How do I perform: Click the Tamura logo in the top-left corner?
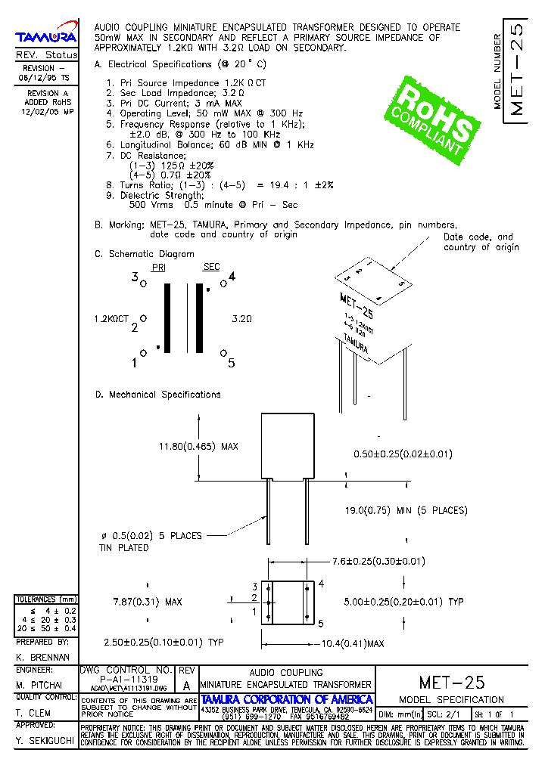coord(46,36)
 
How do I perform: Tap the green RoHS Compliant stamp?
coord(433,122)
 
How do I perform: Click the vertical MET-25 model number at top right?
coord(517,73)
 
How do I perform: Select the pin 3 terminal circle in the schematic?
coord(144,284)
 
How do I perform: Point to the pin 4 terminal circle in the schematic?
coord(223,284)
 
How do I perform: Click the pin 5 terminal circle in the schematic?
coord(223,353)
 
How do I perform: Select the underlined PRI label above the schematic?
coord(158,268)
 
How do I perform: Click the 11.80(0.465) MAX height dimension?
coord(198,447)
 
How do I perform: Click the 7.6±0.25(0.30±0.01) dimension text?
coord(378,561)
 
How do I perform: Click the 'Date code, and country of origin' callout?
coord(481,242)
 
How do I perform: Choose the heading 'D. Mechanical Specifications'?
coord(157,395)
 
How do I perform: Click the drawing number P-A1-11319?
coord(125,679)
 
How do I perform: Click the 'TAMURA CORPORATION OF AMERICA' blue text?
coord(287,699)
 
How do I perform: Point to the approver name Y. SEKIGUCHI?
coord(45,741)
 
